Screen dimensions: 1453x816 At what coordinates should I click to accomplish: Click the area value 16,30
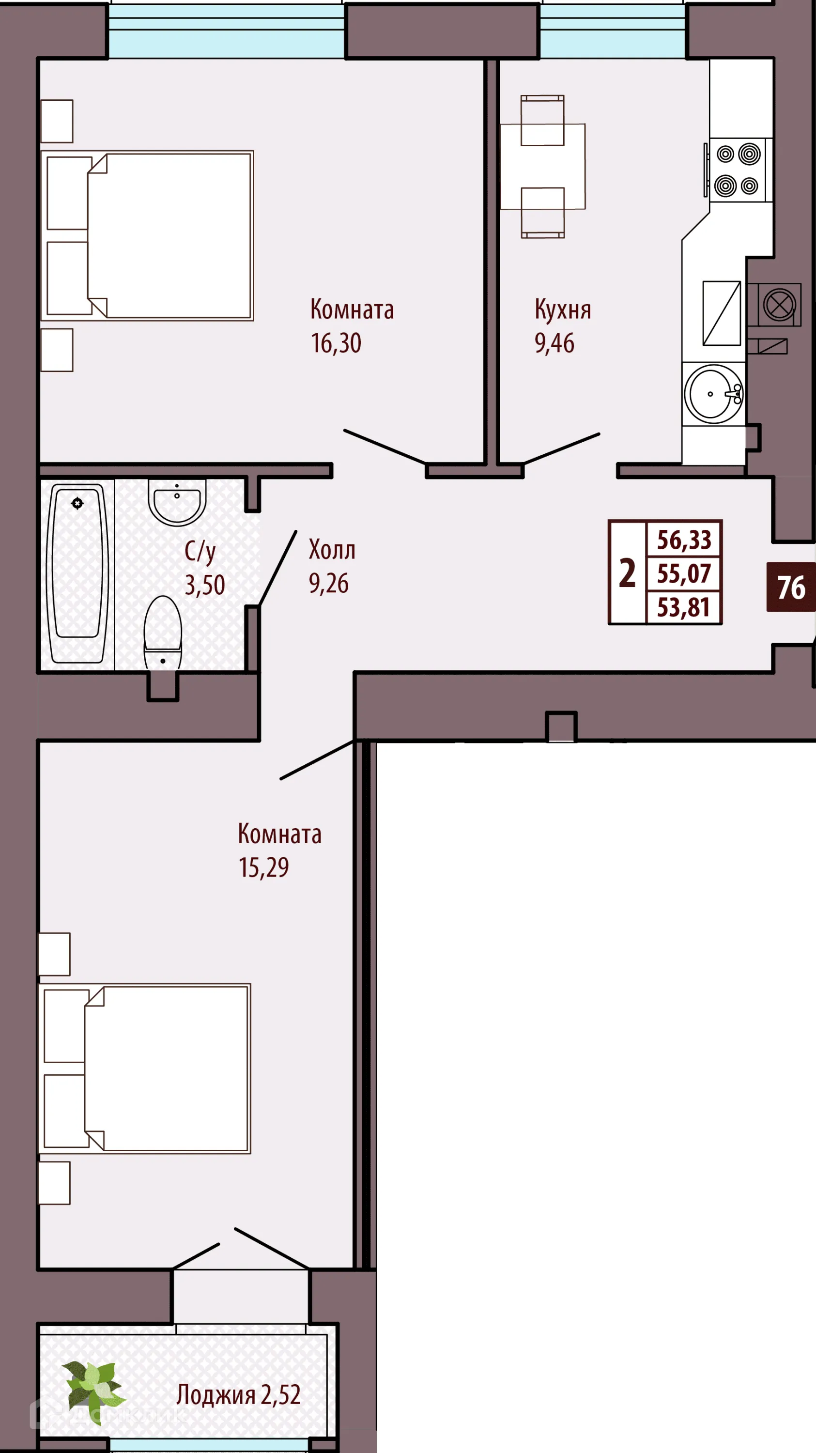[x=336, y=343]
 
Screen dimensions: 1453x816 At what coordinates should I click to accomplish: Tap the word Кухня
[x=562, y=309]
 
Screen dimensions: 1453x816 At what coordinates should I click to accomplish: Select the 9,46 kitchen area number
[x=554, y=343]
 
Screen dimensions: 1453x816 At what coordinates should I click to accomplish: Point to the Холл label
[x=332, y=549]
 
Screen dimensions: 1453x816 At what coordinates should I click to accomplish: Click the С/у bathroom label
[x=200, y=551]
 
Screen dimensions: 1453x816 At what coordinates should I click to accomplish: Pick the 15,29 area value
[x=263, y=867]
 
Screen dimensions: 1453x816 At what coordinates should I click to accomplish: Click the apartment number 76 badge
[x=791, y=587]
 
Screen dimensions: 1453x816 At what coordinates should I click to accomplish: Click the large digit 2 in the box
[x=627, y=573]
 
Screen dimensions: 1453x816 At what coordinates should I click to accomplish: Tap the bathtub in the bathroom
[x=77, y=572]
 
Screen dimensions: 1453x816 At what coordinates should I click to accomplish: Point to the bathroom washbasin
[x=177, y=501]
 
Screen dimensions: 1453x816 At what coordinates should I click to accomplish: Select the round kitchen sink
[x=713, y=394]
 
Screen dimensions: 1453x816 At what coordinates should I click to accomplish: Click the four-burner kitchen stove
[x=737, y=169]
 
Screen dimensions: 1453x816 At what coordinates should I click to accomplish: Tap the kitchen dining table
[x=542, y=167]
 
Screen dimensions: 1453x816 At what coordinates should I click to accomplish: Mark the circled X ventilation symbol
[x=779, y=305]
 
